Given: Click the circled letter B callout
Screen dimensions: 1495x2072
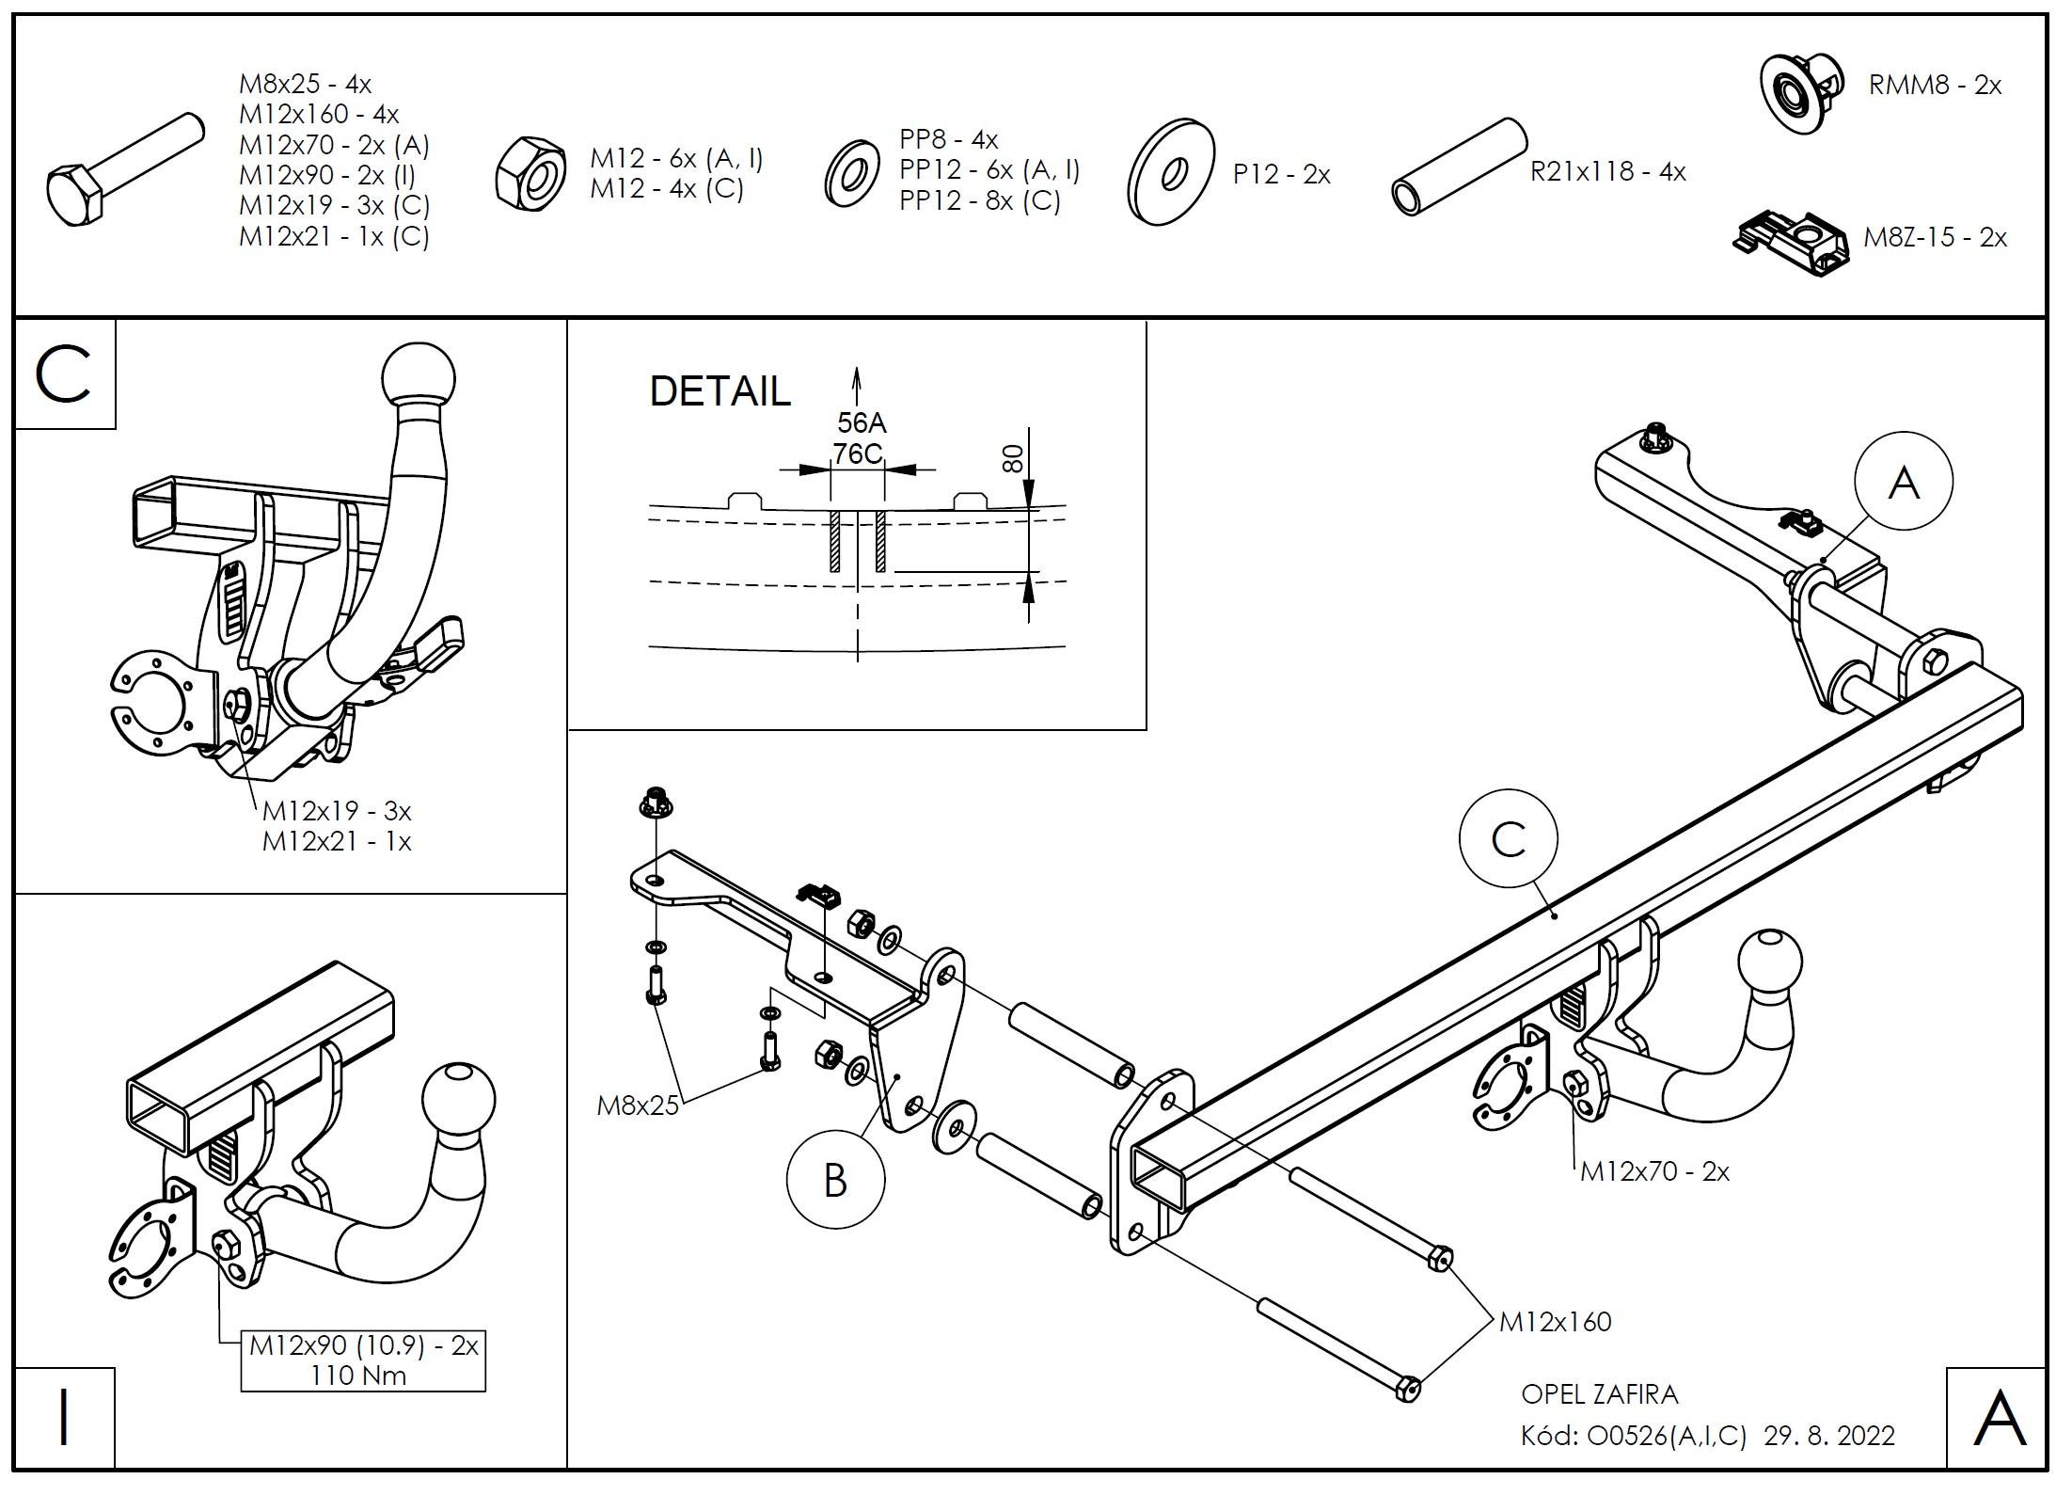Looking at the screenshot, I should tap(835, 1180).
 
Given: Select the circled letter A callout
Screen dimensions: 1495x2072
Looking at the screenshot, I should tap(1904, 483).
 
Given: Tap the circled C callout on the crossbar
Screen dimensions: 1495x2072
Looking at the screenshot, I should tap(1508, 839).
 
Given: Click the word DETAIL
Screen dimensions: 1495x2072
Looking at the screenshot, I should tap(720, 391).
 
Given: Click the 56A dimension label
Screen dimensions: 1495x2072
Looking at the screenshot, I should tap(862, 422).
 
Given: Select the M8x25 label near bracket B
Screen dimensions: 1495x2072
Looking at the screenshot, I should tap(638, 1105).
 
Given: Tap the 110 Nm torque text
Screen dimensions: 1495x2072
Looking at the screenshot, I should tap(359, 1376).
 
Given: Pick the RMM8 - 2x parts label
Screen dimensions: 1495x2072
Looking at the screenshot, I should tap(1935, 86).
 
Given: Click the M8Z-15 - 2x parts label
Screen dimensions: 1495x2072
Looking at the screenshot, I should tap(1935, 237).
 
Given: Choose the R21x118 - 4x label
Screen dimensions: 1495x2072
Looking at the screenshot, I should tap(1607, 172).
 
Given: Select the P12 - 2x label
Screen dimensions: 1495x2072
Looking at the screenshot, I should tap(1281, 175).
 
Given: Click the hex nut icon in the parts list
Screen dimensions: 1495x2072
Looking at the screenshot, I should tap(530, 172).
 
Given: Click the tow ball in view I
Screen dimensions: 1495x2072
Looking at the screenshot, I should tap(459, 1101).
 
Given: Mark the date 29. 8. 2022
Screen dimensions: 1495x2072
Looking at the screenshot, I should tap(1829, 1436).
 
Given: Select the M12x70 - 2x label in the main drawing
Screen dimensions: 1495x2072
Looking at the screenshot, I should tap(1654, 1171).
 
